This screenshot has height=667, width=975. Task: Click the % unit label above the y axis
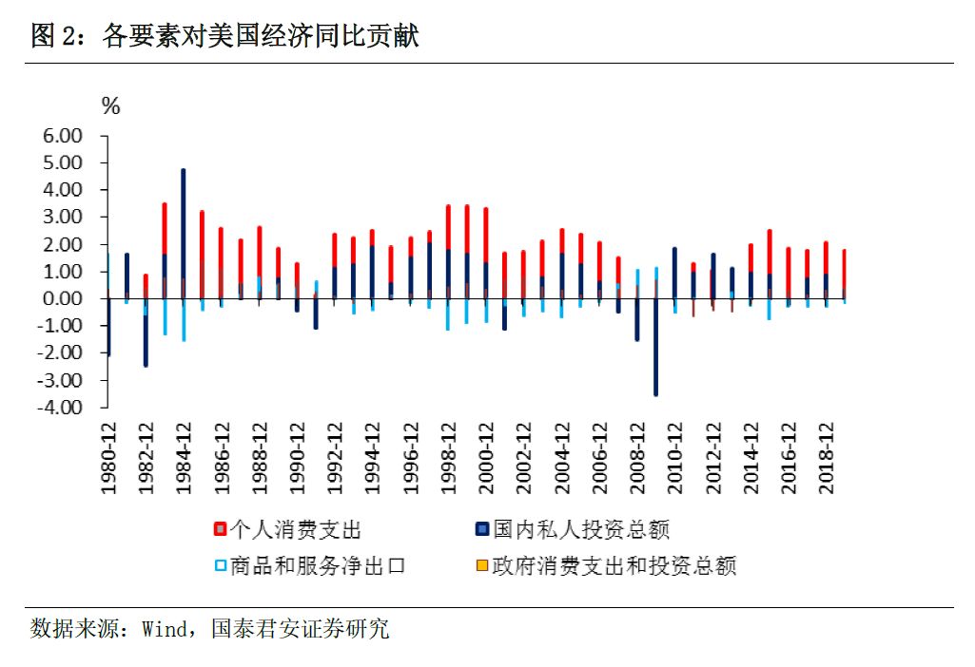[111, 106]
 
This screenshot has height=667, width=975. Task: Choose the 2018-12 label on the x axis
[827, 457]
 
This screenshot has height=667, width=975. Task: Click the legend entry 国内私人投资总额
[581, 529]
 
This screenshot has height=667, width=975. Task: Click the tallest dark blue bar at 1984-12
[183, 234]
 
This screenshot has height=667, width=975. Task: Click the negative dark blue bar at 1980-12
[107, 328]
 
